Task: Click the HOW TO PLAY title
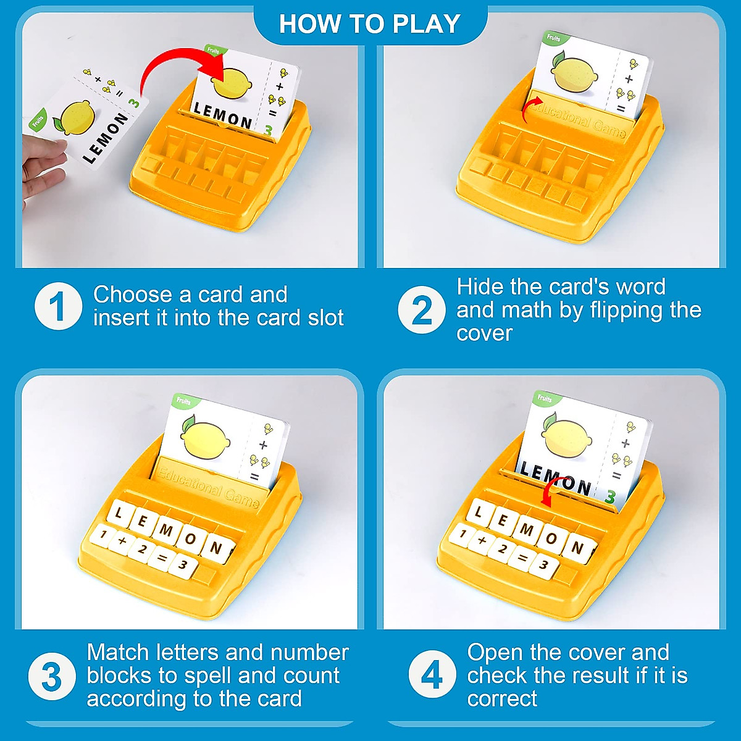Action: (x=370, y=23)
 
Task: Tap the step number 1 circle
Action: (x=58, y=306)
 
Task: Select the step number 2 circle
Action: (x=421, y=310)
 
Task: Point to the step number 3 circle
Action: (x=52, y=677)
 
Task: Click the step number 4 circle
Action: (x=432, y=675)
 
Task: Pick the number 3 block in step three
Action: (x=183, y=564)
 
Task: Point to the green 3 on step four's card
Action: (x=611, y=496)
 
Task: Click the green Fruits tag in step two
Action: (x=554, y=38)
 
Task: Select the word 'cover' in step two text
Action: (x=484, y=333)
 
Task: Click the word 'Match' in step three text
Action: (x=117, y=653)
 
